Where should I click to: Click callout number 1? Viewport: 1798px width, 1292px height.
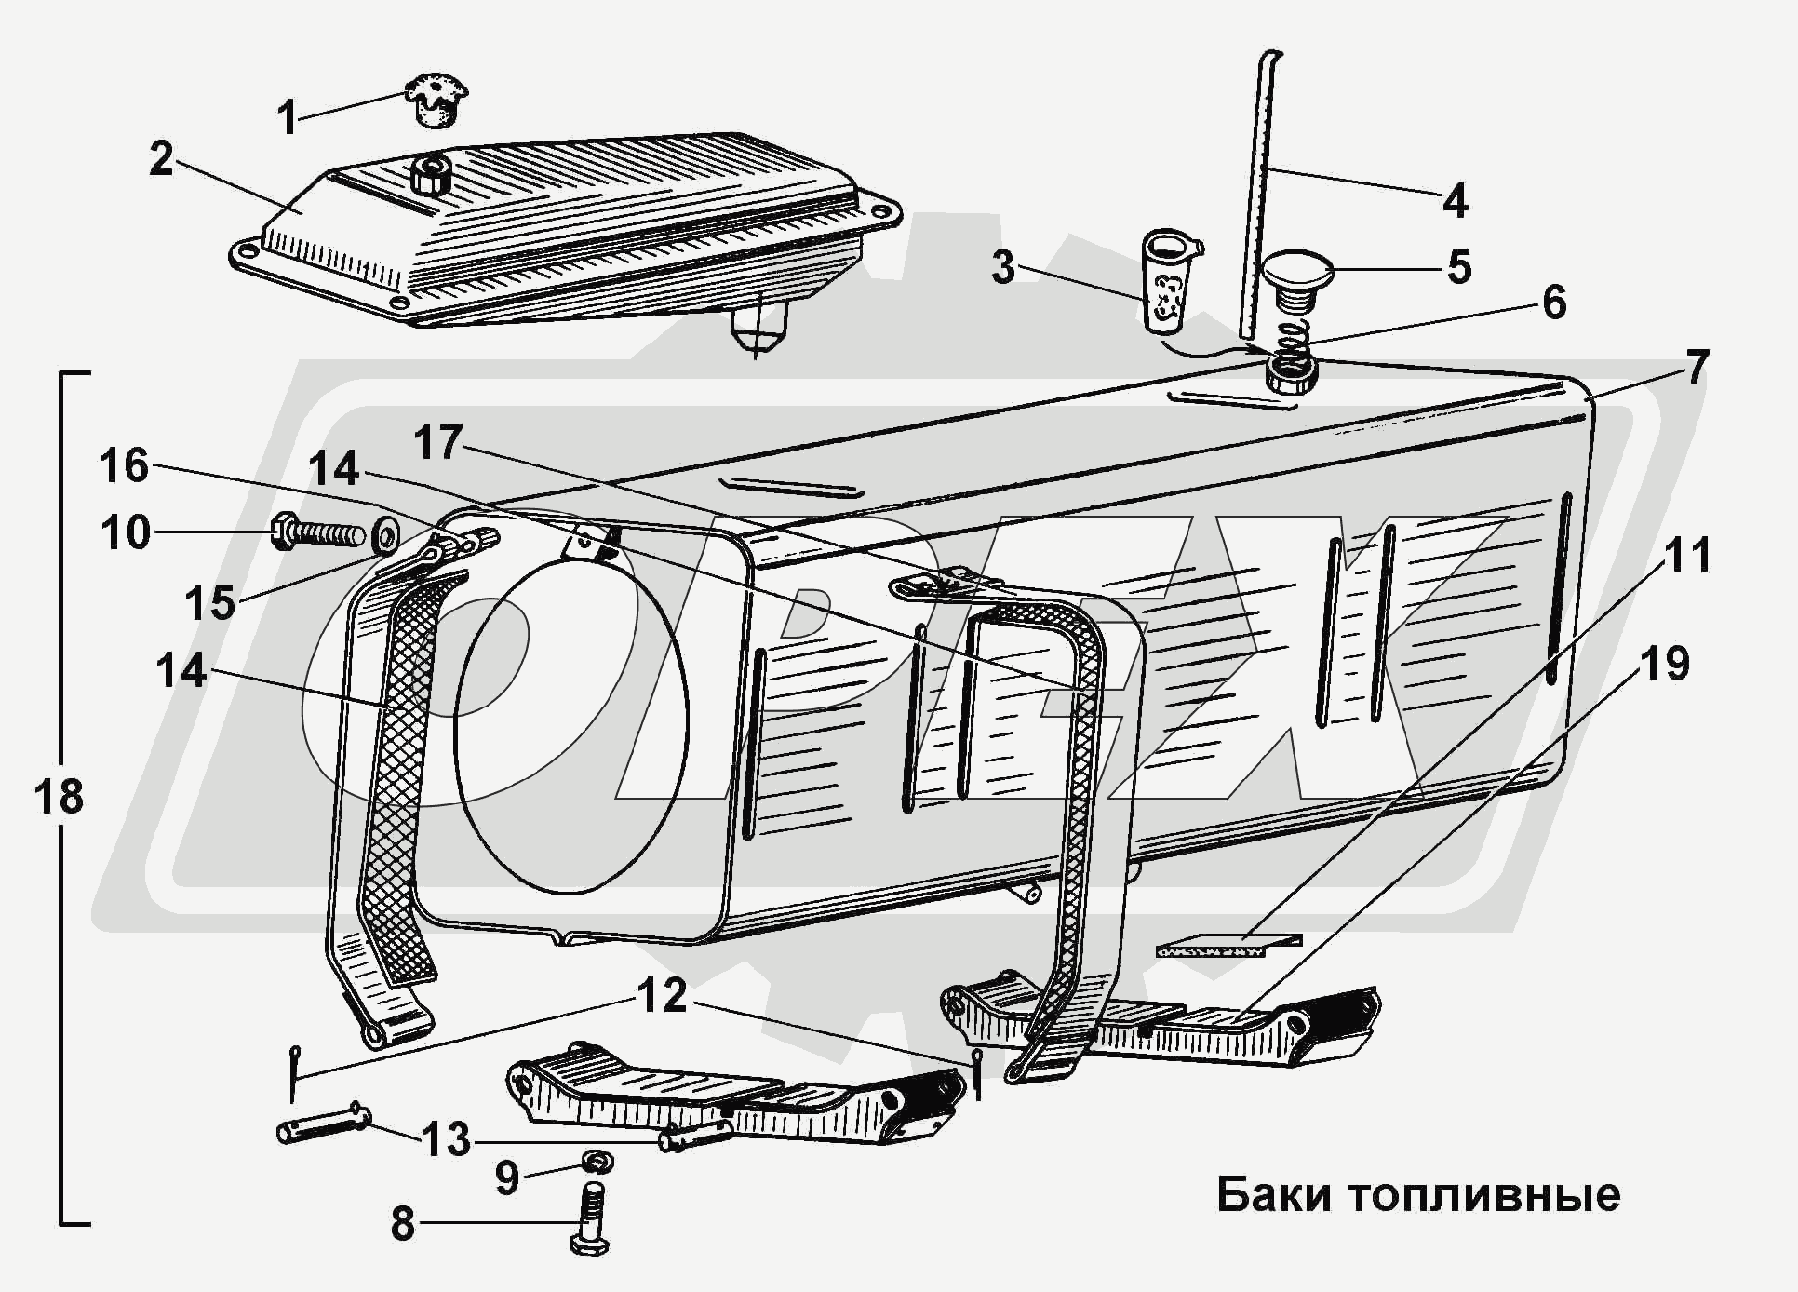click(x=288, y=118)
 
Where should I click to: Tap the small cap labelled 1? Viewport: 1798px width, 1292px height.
click(x=435, y=101)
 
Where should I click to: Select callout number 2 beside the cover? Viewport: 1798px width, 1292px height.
click(x=161, y=159)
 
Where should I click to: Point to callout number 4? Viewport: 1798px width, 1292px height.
click(x=1456, y=200)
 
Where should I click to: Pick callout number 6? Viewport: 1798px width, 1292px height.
click(x=1554, y=303)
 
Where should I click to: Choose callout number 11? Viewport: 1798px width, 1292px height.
click(x=1687, y=556)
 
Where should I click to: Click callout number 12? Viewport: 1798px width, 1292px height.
click(x=662, y=997)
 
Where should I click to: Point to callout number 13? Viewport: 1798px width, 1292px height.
click(x=446, y=1140)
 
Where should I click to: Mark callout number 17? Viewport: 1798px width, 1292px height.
click(x=438, y=442)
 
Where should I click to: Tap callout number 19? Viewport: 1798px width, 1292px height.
click(x=1664, y=665)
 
